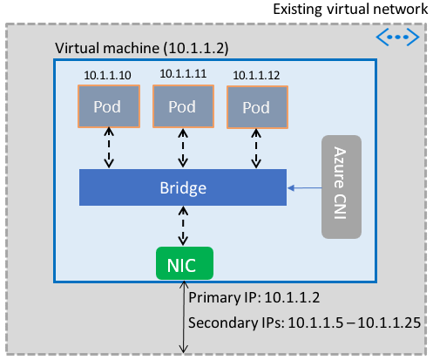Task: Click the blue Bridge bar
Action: pos(183,187)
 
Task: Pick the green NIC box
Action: pos(184,262)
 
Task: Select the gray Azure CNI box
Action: pos(341,187)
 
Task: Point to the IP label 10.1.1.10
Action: pos(107,77)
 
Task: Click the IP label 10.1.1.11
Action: pos(181,77)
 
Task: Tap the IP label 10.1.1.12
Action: pos(255,77)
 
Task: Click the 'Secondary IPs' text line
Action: pos(305,322)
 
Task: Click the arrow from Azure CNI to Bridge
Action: pos(305,187)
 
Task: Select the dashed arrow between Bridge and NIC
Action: pos(183,227)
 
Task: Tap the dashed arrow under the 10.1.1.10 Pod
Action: pos(109,149)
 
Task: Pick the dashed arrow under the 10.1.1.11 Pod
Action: pos(183,149)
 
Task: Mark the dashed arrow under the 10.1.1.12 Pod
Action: pos(256,149)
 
